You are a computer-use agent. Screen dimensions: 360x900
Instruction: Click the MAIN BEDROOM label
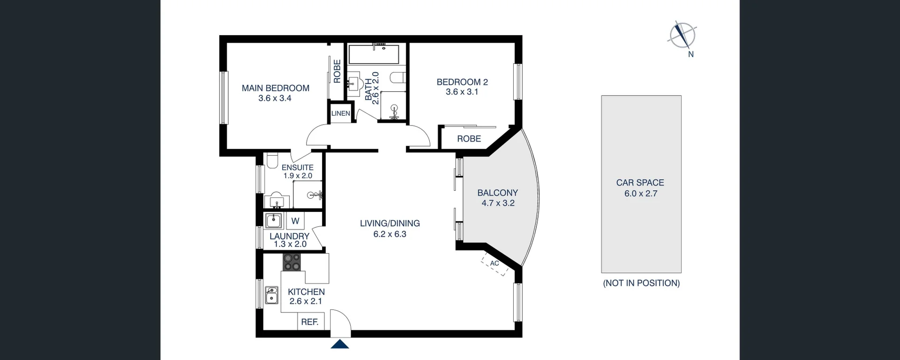click(x=275, y=88)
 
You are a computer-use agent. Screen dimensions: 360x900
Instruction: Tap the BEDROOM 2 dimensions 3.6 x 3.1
click(x=462, y=92)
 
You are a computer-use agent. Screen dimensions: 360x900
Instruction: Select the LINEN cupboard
click(x=340, y=113)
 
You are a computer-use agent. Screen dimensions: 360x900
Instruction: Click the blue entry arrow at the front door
click(x=340, y=345)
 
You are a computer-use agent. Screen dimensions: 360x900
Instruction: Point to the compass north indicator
click(x=682, y=36)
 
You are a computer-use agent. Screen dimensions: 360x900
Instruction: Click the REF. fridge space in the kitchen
click(x=310, y=322)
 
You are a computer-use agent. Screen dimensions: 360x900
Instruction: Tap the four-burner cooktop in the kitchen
click(x=292, y=262)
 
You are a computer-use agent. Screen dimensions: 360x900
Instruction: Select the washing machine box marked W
click(x=295, y=221)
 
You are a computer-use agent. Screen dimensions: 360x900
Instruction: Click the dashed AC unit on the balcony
click(x=495, y=264)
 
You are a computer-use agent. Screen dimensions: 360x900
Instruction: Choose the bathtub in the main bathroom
click(x=374, y=55)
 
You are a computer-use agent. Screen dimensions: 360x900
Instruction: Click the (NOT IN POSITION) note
click(x=641, y=283)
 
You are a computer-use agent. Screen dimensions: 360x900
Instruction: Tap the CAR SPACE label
click(x=640, y=183)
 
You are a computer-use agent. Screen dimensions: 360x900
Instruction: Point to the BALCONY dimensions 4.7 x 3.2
click(x=498, y=203)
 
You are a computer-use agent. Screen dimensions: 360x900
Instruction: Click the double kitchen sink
click(x=271, y=295)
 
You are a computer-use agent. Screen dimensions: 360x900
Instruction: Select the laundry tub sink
click(x=273, y=220)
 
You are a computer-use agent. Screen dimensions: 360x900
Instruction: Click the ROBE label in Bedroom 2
click(x=469, y=139)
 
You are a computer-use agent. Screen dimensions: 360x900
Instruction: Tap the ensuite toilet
click(x=272, y=162)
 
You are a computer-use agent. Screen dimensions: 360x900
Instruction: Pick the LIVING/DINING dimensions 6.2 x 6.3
click(x=390, y=234)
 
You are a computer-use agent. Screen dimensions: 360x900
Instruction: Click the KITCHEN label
click(x=306, y=292)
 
